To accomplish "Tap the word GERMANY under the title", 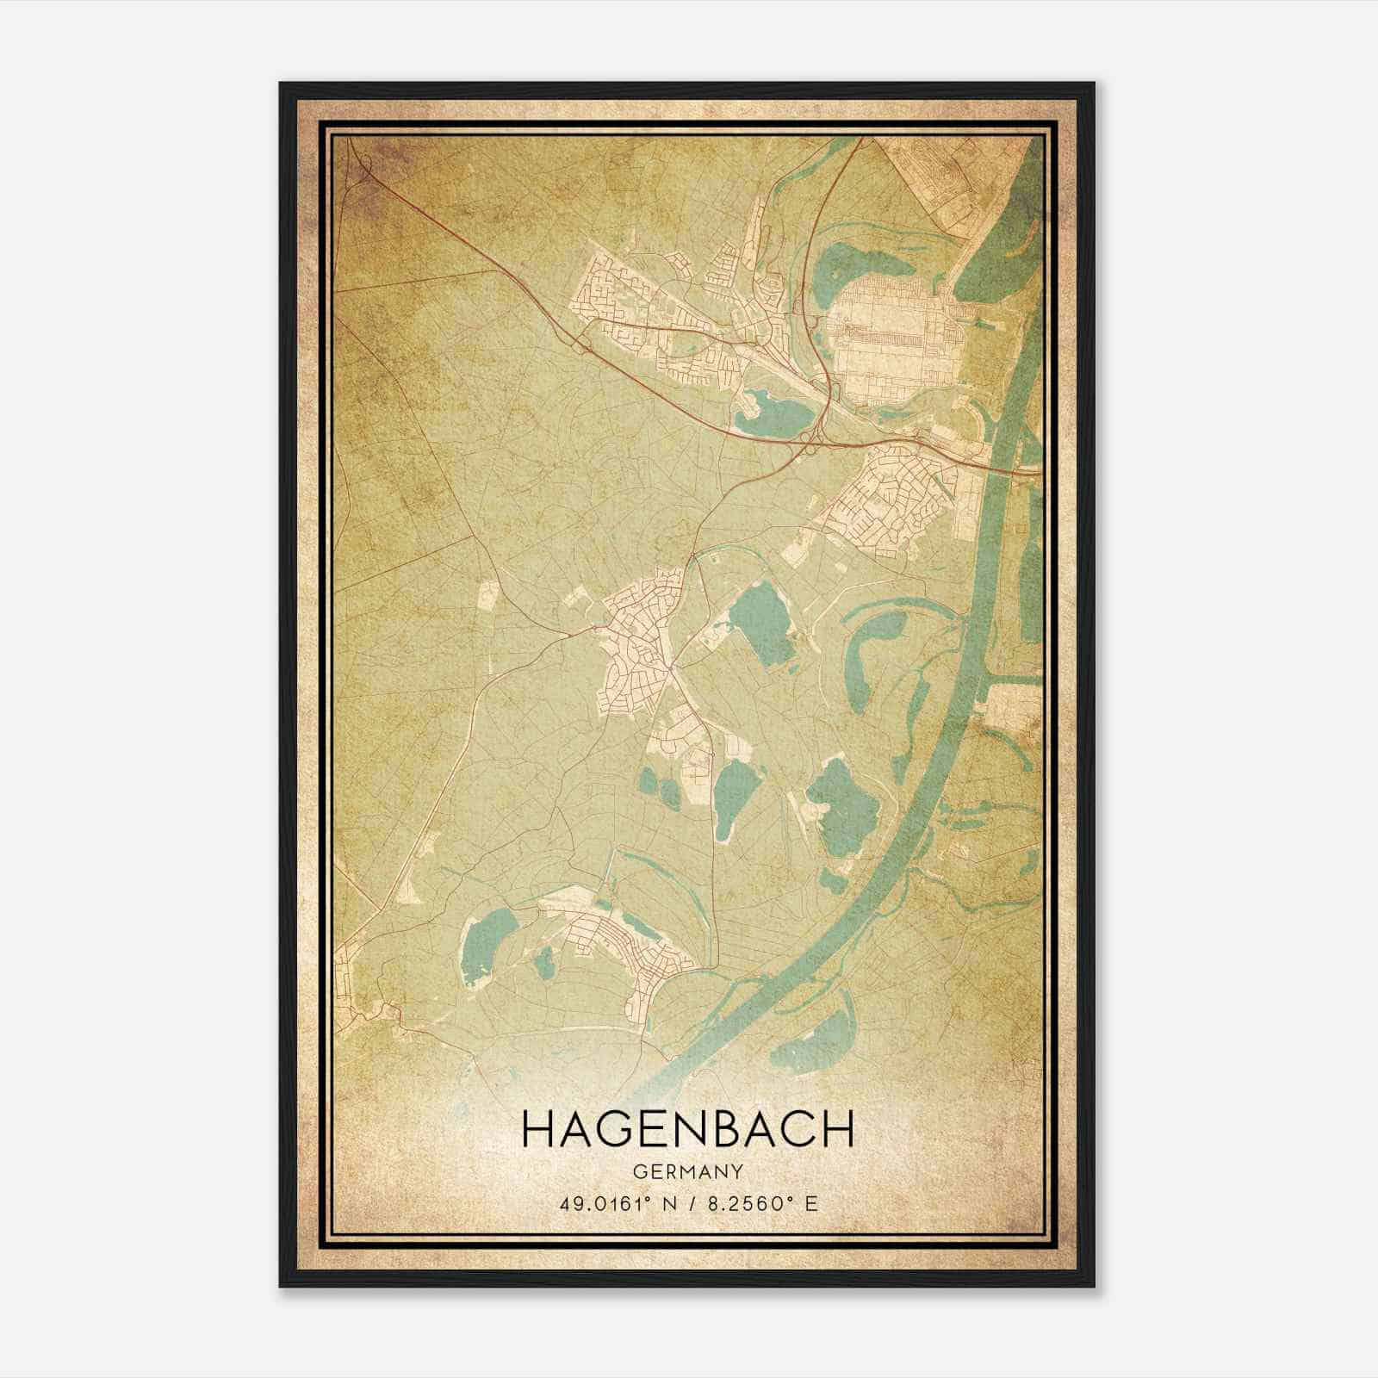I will [687, 1171].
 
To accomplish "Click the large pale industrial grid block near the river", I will [896, 344].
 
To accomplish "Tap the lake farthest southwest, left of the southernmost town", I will [487, 947].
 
